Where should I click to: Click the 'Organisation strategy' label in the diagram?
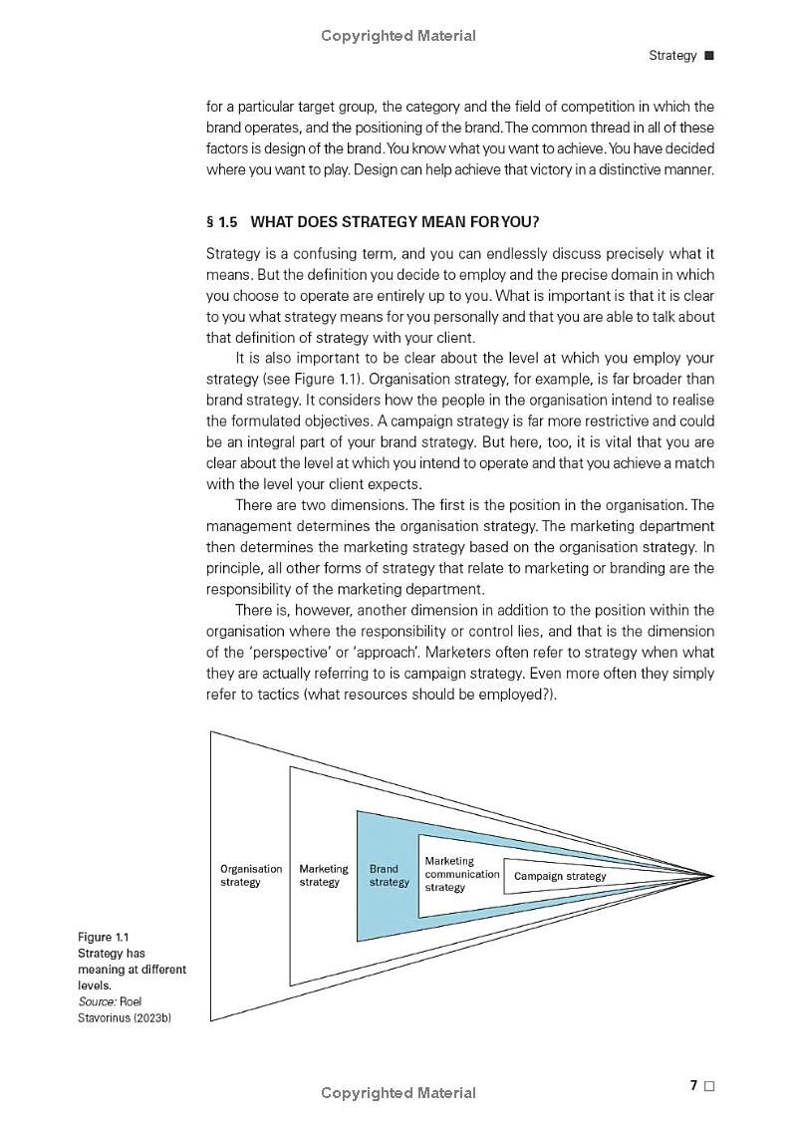pyautogui.click(x=251, y=876)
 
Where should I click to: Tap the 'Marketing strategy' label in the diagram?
pyautogui.click(x=324, y=876)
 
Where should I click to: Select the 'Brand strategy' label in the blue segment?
pyautogui.click(x=390, y=876)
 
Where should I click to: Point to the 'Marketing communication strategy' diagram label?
pyautogui.click(x=461, y=874)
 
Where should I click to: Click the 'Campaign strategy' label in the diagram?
pyautogui.click(x=560, y=877)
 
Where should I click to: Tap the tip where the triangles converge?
pyautogui.click(x=713, y=876)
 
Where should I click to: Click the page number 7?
pyautogui.click(x=693, y=1085)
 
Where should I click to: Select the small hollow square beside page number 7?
pyautogui.click(x=709, y=1086)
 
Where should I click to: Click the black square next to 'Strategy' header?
pyautogui.click(x=709, y=56)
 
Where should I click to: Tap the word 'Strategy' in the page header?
pyautogui.click(x=672, y=56)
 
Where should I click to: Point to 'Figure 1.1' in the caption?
pyautogui.click(x=104, y=938)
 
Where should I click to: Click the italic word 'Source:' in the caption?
pyautogui.click(x=97, y=1001)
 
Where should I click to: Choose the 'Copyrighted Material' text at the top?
pyautogui.click(x=398, y=36)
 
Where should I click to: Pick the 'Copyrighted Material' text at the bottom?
pyautogui.click(x=398, y=1093)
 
